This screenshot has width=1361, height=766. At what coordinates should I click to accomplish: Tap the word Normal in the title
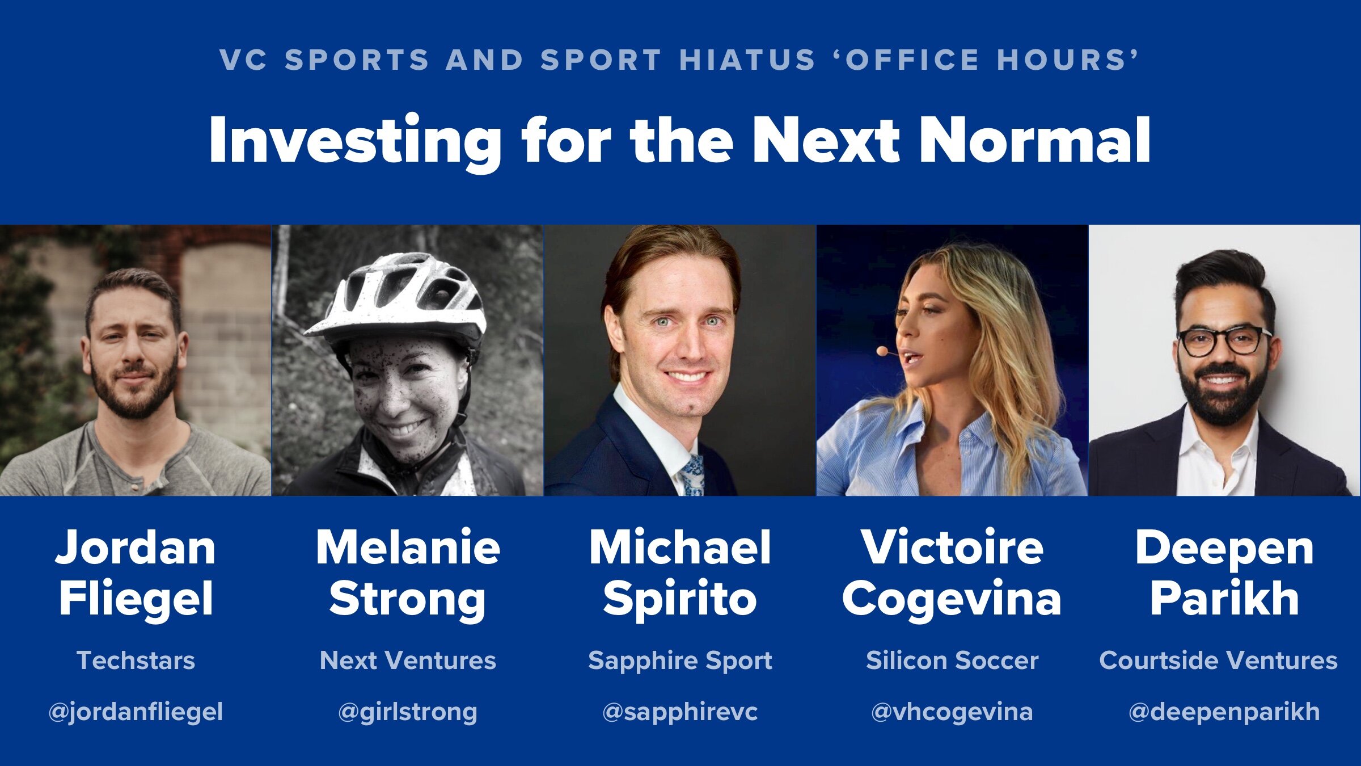pos(1035,140)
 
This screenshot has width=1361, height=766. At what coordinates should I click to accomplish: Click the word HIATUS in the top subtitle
pos(747,60)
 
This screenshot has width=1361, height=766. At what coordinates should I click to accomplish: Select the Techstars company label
pos(136,660)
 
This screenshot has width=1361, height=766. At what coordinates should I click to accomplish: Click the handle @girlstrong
pos(407,712)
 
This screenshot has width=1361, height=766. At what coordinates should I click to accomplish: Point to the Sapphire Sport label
pos(680,660)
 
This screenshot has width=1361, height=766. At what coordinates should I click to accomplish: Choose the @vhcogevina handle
pos(952,712)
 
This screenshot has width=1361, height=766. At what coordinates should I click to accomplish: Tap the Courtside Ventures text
pos(1218,660)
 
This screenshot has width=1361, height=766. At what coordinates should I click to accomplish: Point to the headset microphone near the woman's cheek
pos(882,351)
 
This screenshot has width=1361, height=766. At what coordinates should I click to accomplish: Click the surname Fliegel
pos(136,599)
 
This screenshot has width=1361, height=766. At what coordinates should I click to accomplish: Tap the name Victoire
pos(952,548)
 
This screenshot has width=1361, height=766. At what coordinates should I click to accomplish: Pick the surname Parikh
pos(1224,599)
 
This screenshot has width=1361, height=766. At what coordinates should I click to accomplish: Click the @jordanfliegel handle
pos(136,712)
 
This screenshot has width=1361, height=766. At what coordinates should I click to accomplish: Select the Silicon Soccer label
pos(952,660)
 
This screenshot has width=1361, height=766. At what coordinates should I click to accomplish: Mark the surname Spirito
pos(680,599)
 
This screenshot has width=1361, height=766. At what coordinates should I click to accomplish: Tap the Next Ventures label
pos(407,660)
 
